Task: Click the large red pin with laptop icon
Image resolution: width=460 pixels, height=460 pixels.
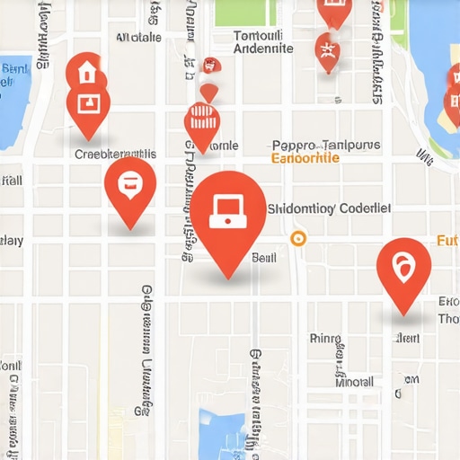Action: (x=228, y=212)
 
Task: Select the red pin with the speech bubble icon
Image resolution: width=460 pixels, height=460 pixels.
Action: (x=130, y=184)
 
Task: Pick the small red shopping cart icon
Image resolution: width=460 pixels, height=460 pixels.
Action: (x=210, y=65)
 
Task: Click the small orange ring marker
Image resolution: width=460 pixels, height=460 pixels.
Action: (x=298, y=238)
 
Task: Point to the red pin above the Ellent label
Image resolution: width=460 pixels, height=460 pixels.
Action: (x=403, y=269)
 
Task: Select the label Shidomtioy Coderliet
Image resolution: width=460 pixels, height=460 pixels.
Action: (x=330, y=208)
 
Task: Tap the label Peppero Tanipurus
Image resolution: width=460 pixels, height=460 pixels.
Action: (x=325, y=145)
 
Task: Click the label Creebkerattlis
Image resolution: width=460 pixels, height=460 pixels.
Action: (x=115, y=154)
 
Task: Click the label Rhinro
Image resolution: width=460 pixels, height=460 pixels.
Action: (x=325, y=339)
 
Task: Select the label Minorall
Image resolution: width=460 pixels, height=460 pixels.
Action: (x=354, y=381)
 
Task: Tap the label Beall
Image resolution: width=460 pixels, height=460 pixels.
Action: (x=264, y=257)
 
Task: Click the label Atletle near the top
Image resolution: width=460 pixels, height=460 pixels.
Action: (x=139, y=37)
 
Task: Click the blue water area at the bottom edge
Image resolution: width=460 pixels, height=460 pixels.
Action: (x=221, y=431)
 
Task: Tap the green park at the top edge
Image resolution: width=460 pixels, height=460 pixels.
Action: (x=245, y=11)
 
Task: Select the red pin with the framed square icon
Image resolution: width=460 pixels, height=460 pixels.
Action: (x=88, y=105)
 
